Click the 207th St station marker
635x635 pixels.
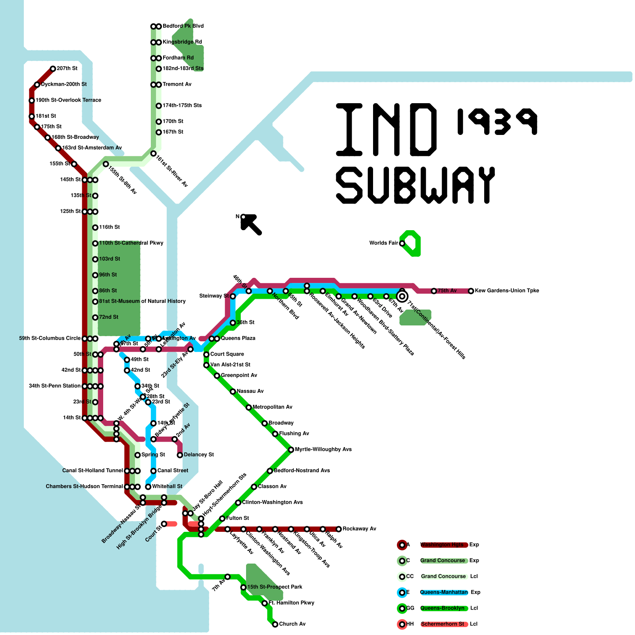click(53, 69)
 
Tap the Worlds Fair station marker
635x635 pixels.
click(402, 243)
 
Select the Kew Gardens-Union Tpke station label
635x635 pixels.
click(507, 291)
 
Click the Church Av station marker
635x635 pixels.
click(275, 624)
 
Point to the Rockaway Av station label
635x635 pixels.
click(359, 529)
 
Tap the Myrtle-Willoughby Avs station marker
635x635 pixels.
click(291, 450)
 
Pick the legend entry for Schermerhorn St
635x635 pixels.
click(442, 624)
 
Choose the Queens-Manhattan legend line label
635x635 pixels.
click(444, 593)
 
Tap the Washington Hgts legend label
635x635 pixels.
click(442, 545)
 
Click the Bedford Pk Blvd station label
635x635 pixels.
click(183, 26)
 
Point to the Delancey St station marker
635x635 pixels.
click(180, 455)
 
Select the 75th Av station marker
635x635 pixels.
click(434, 291)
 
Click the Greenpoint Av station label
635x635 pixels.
click(239, 375)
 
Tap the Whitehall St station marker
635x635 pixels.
click(148, 487)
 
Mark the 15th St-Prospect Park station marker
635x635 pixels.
click(243, 587)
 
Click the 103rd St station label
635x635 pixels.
click(110, 259)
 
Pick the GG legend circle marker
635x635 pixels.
click(402, 608)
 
